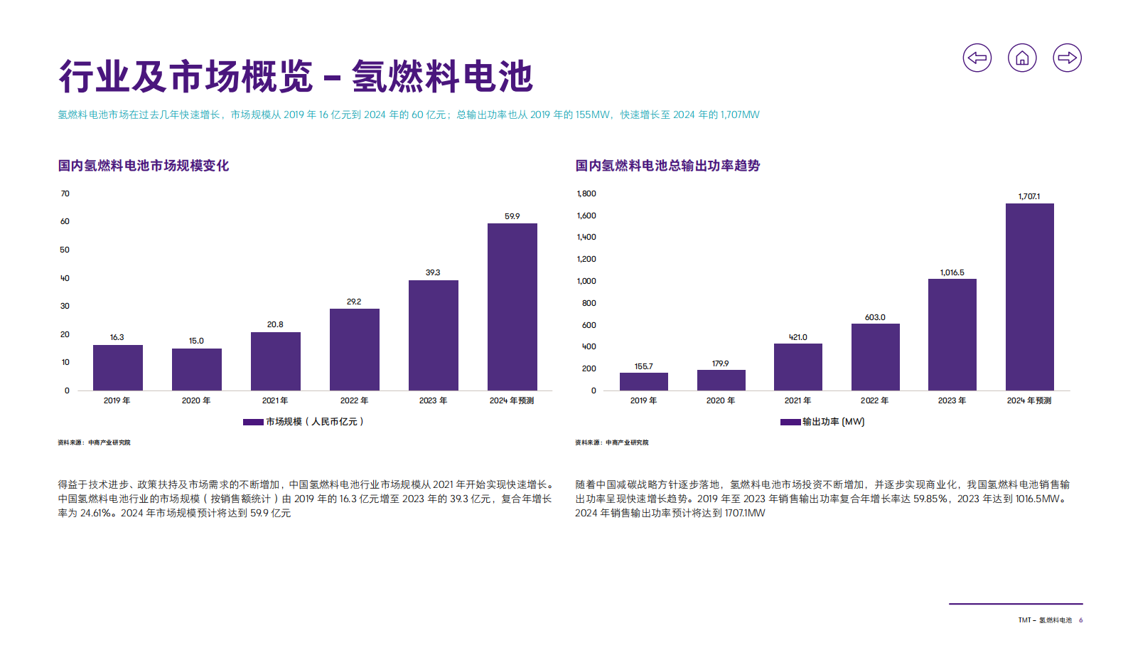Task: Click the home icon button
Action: [1022, 58]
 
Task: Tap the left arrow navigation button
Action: [977, 58]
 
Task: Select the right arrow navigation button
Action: [1067, 58]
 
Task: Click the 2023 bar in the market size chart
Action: [433, 335]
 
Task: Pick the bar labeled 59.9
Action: [512, 307]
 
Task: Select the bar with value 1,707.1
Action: [1029, 297]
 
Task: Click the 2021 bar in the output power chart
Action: [797, 367]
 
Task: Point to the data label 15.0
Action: [196, 341]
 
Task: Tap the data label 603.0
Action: [875, 317]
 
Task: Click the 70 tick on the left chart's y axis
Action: [65, 193]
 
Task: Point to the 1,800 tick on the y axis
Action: [586, 193]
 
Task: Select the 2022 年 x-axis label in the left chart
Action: [354, 400]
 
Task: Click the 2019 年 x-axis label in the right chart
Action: [643, 400]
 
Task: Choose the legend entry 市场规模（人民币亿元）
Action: [304, 422]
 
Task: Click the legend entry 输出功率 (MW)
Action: [823, 422]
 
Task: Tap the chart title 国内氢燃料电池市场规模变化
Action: [143, 166]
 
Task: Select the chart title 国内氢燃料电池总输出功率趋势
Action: [667, 166]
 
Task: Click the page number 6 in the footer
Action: [1080, 620]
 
